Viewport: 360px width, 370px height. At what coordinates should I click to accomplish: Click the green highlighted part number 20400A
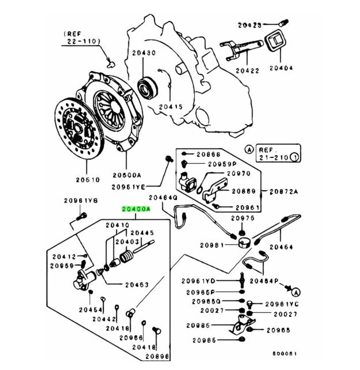tap(136, 209)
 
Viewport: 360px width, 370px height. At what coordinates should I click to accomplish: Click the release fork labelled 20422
tap(241, 50)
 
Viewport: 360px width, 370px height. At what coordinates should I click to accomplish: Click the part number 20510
tap(88, 180)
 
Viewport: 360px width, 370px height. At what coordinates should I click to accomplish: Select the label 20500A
tap(127, 175)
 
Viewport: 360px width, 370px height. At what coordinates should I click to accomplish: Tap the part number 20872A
tap(283, 192)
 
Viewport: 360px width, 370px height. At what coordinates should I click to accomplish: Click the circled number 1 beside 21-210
tap(294, 157)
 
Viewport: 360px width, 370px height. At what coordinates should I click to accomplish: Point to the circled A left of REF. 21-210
tap(249, 150)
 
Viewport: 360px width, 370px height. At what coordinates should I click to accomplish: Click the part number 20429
tap(249, 25)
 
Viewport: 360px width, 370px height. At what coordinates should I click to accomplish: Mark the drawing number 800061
tap(285, 354)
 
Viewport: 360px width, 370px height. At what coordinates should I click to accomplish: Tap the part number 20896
tap(157, 356)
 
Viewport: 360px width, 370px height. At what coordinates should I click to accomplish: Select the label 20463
tap(136, 285)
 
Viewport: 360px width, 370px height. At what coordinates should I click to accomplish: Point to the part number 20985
tap(198, 325)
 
